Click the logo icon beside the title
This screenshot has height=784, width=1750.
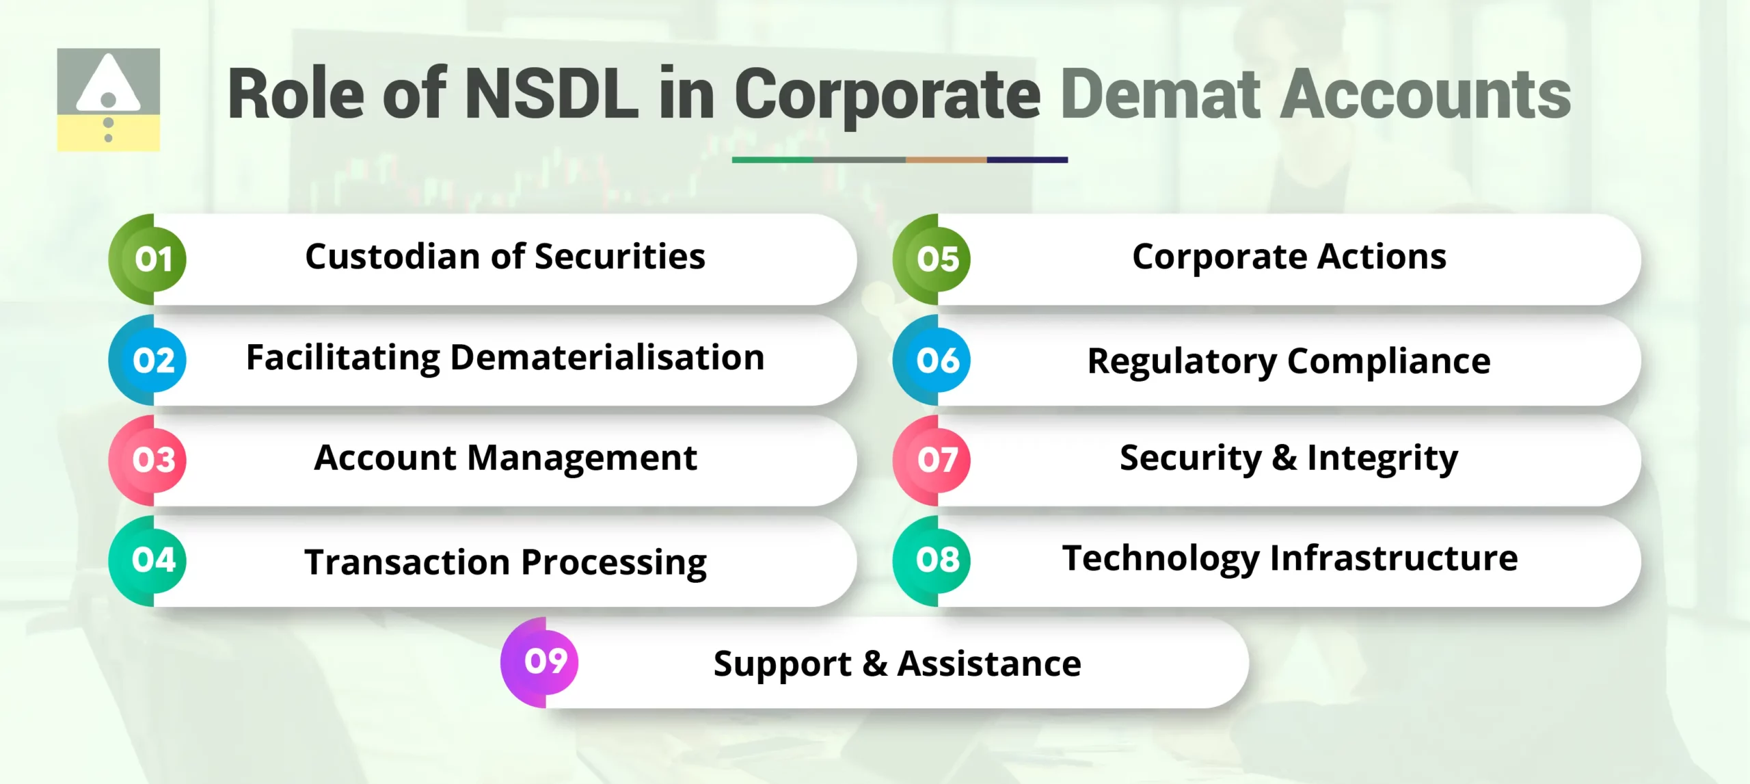[108, 99]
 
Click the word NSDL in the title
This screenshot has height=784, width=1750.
[552, 94]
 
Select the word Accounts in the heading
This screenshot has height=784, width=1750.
[1425, 94]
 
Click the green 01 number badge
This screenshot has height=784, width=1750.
[153, 259]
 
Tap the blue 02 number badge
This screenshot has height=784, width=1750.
[153, 360]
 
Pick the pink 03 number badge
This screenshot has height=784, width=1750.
[153, 460]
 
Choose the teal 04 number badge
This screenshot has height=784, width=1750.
[153, 560]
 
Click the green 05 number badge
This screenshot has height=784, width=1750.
[937, 259]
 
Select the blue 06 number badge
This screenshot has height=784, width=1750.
[937, 360]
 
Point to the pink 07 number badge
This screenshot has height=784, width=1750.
[937, 460]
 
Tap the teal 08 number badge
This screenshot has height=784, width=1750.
[937, 560]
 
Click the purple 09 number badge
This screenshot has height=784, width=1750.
[546, 661]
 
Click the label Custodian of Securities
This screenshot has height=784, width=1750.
[504, 257]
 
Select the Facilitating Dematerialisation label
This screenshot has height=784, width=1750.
[504, 358]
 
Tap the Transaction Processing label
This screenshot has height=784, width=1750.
[504, 562]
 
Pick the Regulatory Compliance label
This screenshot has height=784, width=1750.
[1289, 361]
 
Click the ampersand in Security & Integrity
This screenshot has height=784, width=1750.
[1284, 457]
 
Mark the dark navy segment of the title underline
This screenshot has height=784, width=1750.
[1027, 159]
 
